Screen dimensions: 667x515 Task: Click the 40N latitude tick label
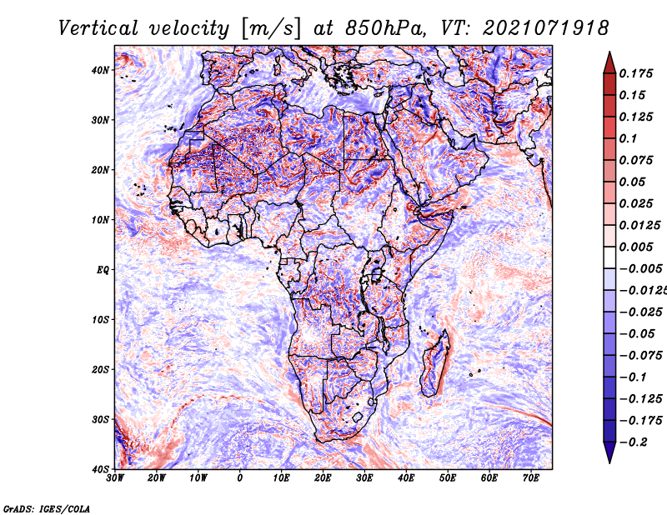pyautogui.click(x=100, y=70)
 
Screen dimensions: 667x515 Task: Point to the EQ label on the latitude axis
pyautogui.click(x=103, y=270)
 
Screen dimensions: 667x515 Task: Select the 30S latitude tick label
pyautogui.click(x=100, y=419)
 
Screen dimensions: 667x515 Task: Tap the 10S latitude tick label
pyautogui.click(x=100, y=319)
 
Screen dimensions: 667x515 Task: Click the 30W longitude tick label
pyautogui.click(x=115, y=478)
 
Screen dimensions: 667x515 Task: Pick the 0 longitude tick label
pyautogui.click(x=240, y=478)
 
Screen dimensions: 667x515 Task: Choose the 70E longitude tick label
pyautogui.click(x=531, y=478)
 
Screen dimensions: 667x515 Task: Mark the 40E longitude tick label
pyautogui.click(x=406, y=478)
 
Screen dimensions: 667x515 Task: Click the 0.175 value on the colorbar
pyautogui.click(x=635, y=73)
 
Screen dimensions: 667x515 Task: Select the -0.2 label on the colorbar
pyautogui.click(x=634, y=442)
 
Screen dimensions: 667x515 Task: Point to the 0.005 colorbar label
pyautogui.click(x=635, y=247)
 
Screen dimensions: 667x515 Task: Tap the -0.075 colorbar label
pyautogui.click(x=640, y=356)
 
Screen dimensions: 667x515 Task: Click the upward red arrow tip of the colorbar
pyautogui.click(x=609, y=52)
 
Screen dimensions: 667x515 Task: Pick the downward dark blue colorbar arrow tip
pyautogui.click(x=609, y=462)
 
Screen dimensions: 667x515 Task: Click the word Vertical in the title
pyautogui.click(x=98, y=28)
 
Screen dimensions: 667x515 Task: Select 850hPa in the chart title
pyautogui.click(x=385, y=28)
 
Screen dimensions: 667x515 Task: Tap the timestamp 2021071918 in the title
pyautogui.click(x=546, y=28)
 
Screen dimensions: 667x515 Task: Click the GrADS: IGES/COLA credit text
pyautogui.click(x=47, y=509)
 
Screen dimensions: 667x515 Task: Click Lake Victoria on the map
pyautogui.click(x=377, y=275)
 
